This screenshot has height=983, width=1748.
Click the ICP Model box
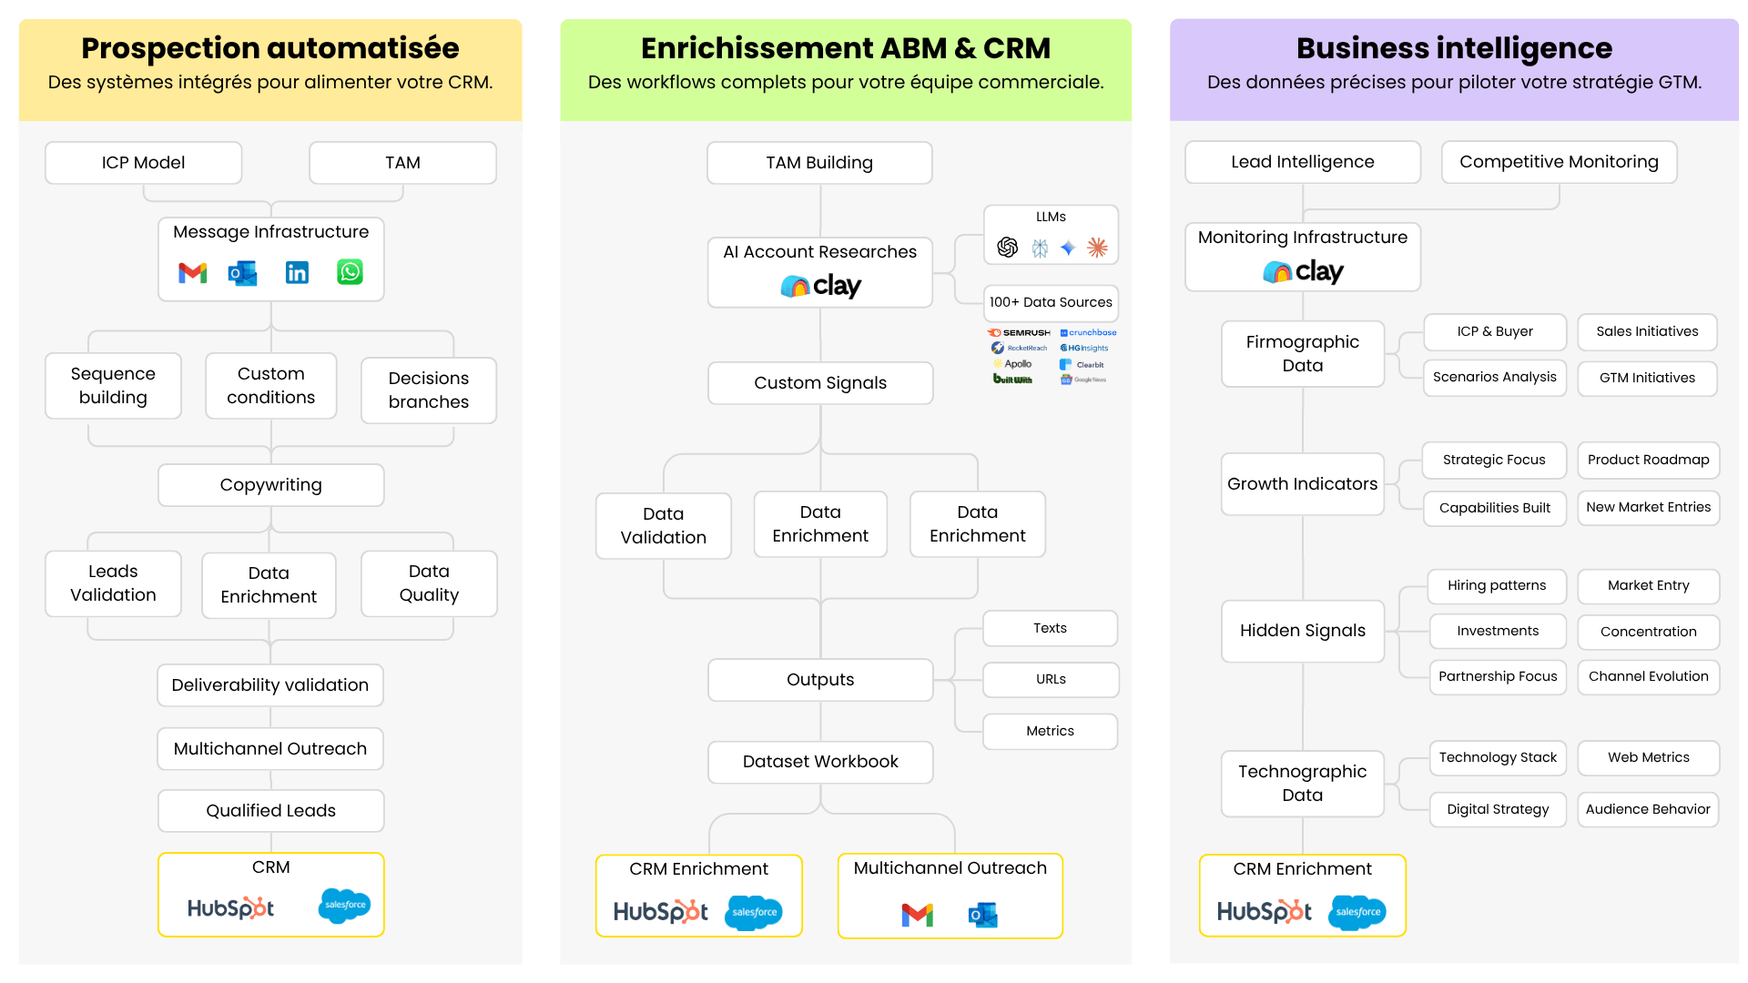143,163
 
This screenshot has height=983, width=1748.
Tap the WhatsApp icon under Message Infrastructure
350,272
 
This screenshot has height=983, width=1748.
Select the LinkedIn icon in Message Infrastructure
297,272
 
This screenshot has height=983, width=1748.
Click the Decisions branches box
428,390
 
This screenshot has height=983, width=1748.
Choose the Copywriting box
270,485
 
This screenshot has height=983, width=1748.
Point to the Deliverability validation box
270,685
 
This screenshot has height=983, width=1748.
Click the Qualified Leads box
270,811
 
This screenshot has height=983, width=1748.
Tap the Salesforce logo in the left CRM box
344,905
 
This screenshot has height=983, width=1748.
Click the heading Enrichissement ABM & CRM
845,47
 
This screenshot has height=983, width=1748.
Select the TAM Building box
818,163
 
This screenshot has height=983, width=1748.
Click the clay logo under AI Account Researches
820,287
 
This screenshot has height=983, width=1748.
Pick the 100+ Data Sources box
1050,302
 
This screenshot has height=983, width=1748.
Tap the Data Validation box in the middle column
663,525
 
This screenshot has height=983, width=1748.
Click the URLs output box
1050,679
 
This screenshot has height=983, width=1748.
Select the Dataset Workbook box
819,762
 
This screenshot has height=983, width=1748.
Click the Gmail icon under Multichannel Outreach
917,915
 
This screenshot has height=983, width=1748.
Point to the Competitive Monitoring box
1558,162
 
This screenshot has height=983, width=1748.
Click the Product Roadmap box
1647,460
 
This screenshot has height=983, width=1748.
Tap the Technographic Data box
1301,783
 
